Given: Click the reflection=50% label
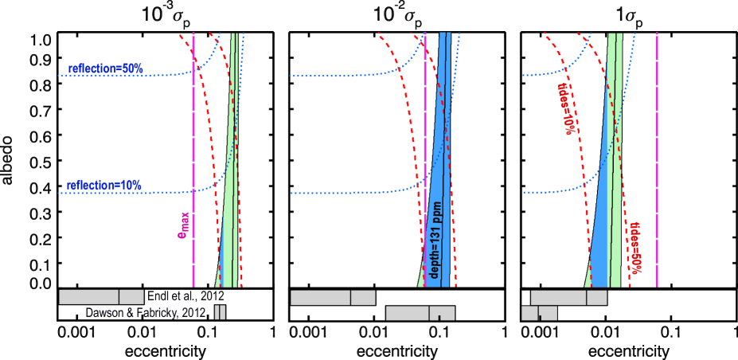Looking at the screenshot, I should pyautogui.click(x=105, y=68).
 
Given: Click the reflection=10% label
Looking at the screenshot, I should pyautogui.click(x=103, y=186).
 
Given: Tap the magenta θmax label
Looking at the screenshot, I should pyautogui.click(x=183, y=225).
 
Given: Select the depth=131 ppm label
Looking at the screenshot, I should pyautogui.click(x=435, y=239).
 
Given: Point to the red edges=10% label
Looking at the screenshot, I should pyautogui.click(x=566, y=108).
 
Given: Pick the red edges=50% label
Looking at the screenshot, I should pyautogui.click(x=635, y=247).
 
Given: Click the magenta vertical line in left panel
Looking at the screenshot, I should pyautogui.click(x=193, y=159).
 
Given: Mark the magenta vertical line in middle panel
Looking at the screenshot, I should pyautogui.click(x=424, y=159).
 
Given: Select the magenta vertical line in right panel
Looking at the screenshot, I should pyautogui.click(x=656, y=159).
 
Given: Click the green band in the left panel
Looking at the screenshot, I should pyautogui.click(x=228, y=199).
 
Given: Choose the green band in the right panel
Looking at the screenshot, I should pyautogui.click(x=614, y=159).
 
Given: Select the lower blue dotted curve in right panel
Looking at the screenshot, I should pyautogui.click(x=557, y=191).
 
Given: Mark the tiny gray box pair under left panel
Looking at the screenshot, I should pyautogui.click(x=220, y=313).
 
